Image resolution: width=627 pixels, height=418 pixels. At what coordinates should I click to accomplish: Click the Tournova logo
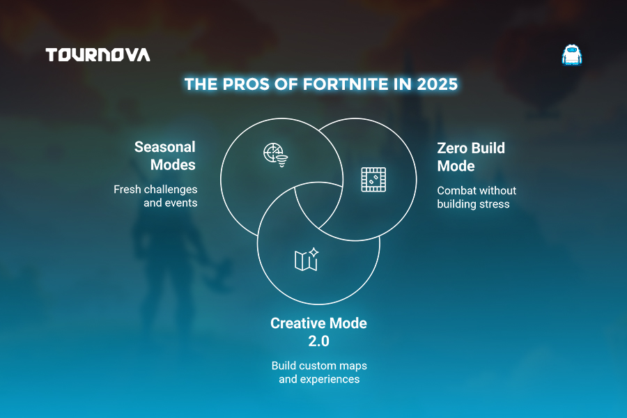[x=98, y=55]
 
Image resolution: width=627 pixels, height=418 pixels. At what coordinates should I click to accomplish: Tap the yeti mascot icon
[x=572, y=55]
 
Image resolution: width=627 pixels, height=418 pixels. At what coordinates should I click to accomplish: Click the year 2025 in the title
[x=437, y=84]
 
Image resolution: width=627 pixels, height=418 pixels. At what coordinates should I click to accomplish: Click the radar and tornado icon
[x=275, y=155]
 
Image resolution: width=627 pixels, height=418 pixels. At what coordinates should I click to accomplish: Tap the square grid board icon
[x=373, y=180]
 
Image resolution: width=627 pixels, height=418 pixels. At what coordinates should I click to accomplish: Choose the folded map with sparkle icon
[x=307, y=259]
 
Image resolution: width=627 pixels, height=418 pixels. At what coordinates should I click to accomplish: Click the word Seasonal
[x=164, y=147]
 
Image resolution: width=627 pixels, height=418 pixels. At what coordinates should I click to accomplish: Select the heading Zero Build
[x=471, y=148]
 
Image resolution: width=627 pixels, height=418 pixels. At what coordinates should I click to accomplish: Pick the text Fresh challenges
[x=155, y=189]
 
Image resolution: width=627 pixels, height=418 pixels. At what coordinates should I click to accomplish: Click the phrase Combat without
[x=477, y=190]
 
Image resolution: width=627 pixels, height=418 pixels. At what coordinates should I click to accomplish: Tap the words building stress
[x=474, y=204]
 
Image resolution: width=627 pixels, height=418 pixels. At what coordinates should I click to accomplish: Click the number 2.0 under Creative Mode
[x=318, y=341]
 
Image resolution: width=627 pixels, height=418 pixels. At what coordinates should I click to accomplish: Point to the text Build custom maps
[x=319, y=366]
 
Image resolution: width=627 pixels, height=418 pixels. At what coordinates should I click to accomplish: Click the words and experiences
[x=319, y=379]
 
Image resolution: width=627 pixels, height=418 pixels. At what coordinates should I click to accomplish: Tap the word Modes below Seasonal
[x=173, y=165]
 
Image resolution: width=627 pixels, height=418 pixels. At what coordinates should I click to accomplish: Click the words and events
[x=171, y=203]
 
